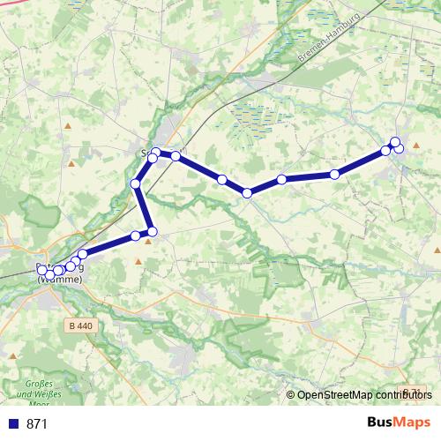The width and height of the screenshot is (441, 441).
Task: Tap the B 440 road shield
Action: coord(79,325)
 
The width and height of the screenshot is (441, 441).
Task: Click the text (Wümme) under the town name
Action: coord(60,280)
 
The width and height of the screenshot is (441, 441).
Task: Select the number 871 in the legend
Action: coord(37,424)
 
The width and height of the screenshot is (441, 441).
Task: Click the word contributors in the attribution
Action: coord(400,395)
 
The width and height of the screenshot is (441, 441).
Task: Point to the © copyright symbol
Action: coord(291,395)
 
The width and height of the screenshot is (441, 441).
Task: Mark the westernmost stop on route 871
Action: coord(41,270)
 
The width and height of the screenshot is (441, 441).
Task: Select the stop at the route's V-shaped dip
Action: coord(248,192)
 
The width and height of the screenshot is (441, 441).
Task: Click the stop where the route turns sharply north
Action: coord(152,232)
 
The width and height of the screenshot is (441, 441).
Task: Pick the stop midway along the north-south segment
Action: coord(136,183)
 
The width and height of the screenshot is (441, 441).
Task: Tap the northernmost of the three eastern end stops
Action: coord(395,142)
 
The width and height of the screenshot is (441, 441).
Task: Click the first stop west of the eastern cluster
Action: coord(334,175)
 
